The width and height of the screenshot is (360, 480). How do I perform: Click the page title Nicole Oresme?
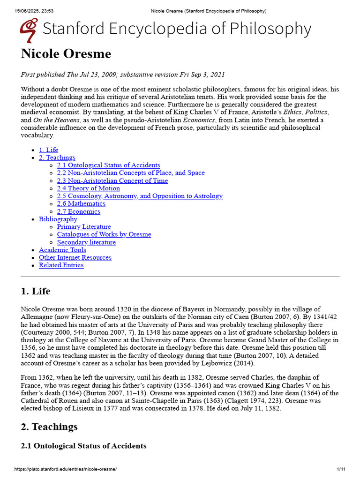(66, 54)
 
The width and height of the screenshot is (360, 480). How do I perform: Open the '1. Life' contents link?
(48, 150)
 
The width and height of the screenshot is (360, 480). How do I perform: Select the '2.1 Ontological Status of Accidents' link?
(108, 165)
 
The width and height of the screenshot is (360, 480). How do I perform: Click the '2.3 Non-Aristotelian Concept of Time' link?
(112, 180)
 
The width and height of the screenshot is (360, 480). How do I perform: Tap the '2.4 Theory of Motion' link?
(88, 188)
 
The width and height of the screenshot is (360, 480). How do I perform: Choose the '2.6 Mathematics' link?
(81, 203)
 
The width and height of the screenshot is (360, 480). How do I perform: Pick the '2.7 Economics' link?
(78, 211)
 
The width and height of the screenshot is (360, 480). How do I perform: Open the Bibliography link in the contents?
(58, 219)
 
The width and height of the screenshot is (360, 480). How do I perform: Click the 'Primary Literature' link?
(84, 227)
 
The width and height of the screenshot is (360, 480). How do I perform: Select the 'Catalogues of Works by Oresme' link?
(104, 234)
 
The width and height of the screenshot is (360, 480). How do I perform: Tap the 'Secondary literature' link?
(86, 242)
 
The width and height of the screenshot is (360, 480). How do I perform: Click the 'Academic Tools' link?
(62, 250)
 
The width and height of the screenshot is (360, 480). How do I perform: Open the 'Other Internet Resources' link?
(75, 257)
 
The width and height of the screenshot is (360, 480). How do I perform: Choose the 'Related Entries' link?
(61, 265)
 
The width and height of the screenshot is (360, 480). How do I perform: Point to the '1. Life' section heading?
(36, 291)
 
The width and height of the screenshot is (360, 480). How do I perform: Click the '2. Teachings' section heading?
(49, 427)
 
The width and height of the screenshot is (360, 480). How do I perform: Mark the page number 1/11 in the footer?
(341, 469)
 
